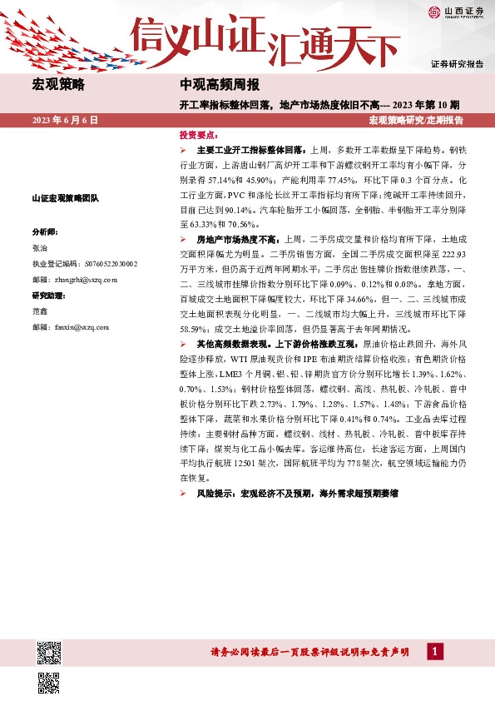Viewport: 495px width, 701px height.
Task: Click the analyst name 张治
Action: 39,248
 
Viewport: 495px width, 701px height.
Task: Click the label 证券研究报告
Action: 457,64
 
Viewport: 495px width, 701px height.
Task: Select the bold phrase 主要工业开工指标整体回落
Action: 250,151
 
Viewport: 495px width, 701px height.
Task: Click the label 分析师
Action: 45,231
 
